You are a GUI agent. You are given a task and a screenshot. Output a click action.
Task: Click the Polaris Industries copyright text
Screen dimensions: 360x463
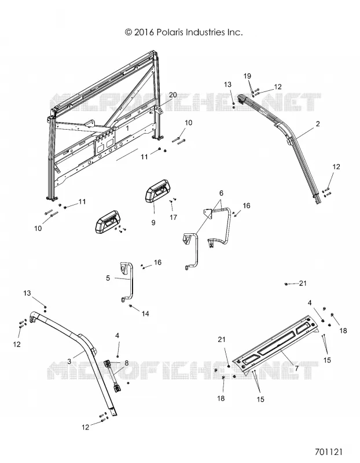[x=183, y=32]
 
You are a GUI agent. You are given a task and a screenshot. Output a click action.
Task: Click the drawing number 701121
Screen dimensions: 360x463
[x=328, y=452]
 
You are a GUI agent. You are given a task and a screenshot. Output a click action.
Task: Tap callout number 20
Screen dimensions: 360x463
[x=172, y=95]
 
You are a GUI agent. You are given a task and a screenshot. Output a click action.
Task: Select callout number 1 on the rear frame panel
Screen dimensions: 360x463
[x=127, y=128]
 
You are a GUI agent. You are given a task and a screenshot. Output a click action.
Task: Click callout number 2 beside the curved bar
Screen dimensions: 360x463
[x=318, y=124]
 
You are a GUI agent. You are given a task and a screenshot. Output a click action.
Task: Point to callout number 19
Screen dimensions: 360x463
[x=247, y=76]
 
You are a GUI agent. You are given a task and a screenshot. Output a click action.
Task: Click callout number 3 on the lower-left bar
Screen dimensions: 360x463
[x=69, y=361]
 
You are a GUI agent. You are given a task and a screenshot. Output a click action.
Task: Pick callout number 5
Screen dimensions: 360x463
[x=108, y=278]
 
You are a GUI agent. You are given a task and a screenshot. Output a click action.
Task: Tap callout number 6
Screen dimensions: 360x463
[x=221, y=193]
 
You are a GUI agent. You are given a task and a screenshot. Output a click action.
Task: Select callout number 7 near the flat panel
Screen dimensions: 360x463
[x=296, y=368]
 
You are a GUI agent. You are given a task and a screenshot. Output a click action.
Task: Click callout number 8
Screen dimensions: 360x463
[x=126, y=363]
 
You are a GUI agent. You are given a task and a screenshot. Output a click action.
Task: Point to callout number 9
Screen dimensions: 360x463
[x=153, y=222]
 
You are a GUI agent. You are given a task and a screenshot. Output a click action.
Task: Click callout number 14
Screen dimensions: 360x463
[x=145, y=313]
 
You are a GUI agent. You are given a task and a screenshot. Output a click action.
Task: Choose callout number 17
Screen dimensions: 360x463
[x=174, y=218]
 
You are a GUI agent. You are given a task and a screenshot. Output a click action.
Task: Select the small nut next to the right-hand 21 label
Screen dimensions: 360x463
[x=286, y=284]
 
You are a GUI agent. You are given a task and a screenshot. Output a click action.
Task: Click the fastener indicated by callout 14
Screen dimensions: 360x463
[x=131, y=306]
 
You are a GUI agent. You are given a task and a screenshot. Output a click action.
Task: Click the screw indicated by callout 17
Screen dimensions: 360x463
[x=171, y=201]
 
